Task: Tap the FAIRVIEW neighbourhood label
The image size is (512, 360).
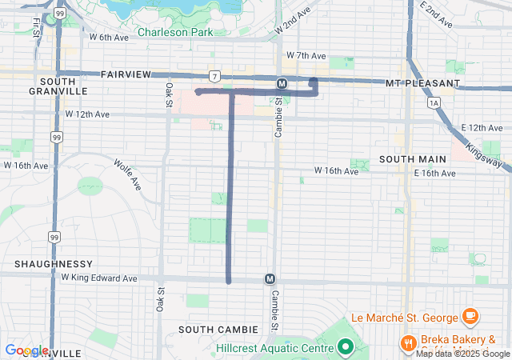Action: [x=126, y=74]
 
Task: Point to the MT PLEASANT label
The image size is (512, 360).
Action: [x=422, y=83]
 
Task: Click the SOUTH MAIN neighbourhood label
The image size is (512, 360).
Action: [x=412, y=159]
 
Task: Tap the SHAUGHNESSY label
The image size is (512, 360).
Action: [x=54, y=263]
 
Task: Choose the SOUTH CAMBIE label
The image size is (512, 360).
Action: [x=218, y=330]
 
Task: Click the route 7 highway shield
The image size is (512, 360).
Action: [x=214, y=77]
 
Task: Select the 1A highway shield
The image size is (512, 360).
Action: [x=434, y=103]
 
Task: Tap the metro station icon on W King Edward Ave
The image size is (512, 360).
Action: [x=270, y=279]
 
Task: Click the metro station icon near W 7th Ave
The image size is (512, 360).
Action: [x=282, y=83]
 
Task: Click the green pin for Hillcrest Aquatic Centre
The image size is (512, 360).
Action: [x=346, y=347]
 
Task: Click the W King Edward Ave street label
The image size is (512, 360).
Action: [x=99, y=278]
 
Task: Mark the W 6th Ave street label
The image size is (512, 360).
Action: [x=109, y=37]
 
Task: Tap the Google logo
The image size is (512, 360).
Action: [x=26, y=350]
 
